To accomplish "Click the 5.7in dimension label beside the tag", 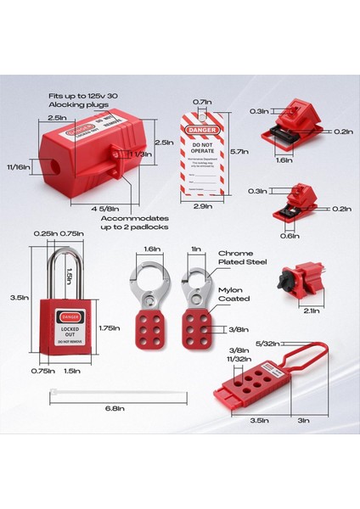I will (x=239, y=151).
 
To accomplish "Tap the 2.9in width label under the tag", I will (x=203, y=206).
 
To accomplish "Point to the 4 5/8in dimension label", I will (x=104, y=209).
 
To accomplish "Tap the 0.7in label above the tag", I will (x=202, y=102).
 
